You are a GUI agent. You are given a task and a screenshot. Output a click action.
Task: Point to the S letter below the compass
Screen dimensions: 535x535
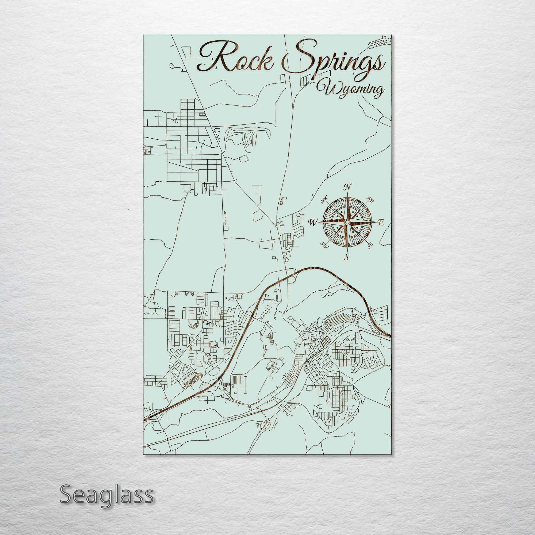pos(346,257)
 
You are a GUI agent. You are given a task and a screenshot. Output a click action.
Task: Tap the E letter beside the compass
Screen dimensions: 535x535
pos(381,222)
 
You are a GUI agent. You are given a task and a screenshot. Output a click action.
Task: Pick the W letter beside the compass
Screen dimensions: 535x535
pos(313,222)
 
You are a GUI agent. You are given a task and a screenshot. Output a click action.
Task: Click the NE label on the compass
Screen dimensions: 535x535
pos(370,200)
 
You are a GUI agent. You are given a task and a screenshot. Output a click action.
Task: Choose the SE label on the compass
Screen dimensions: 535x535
pos(370,245)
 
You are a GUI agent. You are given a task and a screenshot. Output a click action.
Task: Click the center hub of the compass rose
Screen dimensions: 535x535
pos(347,222)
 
